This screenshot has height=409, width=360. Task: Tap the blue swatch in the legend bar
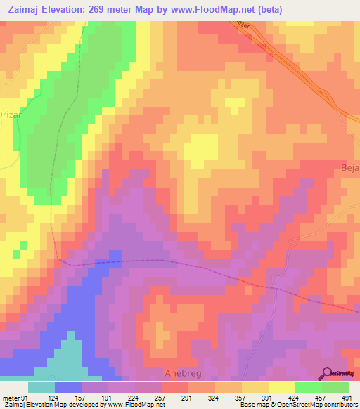68,387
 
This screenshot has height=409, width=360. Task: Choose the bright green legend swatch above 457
309,387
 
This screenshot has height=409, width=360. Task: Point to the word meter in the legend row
12,397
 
